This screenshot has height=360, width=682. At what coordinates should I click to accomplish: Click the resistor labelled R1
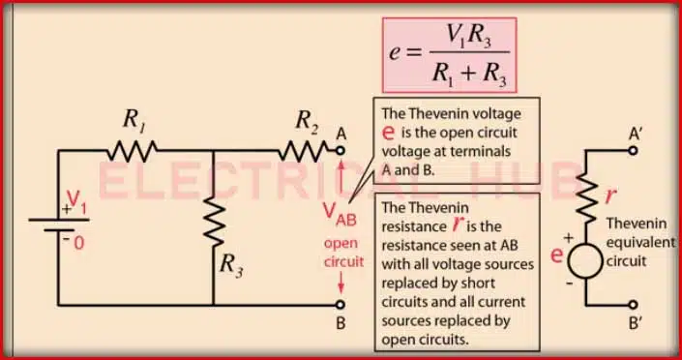pos(133,150)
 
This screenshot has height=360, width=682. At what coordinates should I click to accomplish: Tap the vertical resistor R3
pos(213,225)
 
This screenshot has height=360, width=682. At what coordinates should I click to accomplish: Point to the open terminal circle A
pos(340,150)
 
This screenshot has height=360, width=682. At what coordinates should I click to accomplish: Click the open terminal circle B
pos(340,302)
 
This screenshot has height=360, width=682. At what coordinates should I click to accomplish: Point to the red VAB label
pos(340,214)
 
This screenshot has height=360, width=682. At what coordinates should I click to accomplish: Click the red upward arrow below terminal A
pos(340,172)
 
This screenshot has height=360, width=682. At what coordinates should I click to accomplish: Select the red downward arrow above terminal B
pos(340,281)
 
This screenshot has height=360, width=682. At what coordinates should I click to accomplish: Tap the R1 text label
pos(133,120)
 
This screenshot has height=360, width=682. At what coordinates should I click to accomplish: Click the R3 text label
pos(233,262)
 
